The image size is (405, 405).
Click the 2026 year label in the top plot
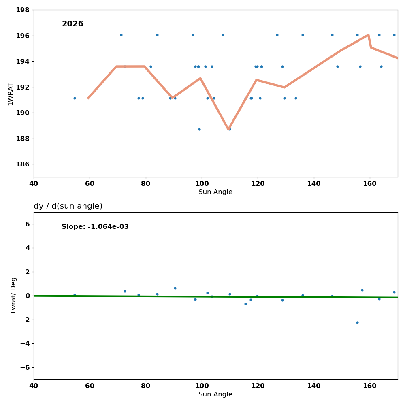click(72, 24)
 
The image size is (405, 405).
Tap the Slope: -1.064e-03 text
click(95, 227)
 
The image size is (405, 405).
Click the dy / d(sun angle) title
click(68, 206)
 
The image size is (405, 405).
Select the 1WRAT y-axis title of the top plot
click(11, 94)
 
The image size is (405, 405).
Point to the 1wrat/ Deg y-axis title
click(14, 296)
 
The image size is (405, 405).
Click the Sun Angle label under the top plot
click(215, 192)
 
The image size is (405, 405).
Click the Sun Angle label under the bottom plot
click(215, 394)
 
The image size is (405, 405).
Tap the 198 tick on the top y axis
click(23, 10)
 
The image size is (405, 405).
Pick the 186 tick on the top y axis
click(23, 164)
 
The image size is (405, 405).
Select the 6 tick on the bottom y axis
click(27, 224)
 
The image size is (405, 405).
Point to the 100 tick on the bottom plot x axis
click(202, 386)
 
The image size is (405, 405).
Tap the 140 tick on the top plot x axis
click(314, 183)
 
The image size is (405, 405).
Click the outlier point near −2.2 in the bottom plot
click(357, 322)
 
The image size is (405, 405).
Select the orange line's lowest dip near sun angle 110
click(228, 129)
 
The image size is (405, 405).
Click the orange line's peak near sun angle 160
click(368, 35)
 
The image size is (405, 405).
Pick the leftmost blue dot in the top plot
click(75, 98)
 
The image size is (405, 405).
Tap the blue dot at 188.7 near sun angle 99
click(199, 129)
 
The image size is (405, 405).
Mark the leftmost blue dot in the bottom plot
click(75, 295)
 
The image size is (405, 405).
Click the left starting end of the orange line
click(88, 98)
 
